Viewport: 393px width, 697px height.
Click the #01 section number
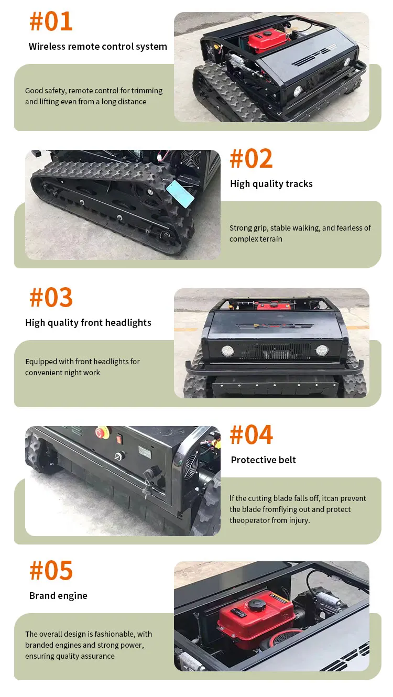pyautogui.click(x=51, y=21)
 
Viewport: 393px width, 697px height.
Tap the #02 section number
pyautogui.click(x=252, y=159)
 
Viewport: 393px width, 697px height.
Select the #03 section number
pyautogui.click(x=51, y=297)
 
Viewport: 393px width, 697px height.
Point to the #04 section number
pyautogui.click(x=252, y=434)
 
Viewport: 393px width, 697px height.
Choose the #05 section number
pyautogui.click(x=51, y=571)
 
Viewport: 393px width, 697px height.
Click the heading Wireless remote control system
pyautogui.click(x=98, y=47)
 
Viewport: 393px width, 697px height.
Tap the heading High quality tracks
pyautogui.click(x=271, y=184)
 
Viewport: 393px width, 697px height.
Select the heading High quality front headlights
pyautogui.click(x=88, y=323)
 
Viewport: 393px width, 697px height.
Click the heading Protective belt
pyautogui.click(x=264, y=460)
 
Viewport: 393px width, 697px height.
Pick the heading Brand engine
pyautogui.click(x=58, y=596)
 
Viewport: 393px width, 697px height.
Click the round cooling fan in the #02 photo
pyautogui.click(x=190, y=158)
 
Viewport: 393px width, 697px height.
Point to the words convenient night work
pyautogui.click(x=62, y=373)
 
